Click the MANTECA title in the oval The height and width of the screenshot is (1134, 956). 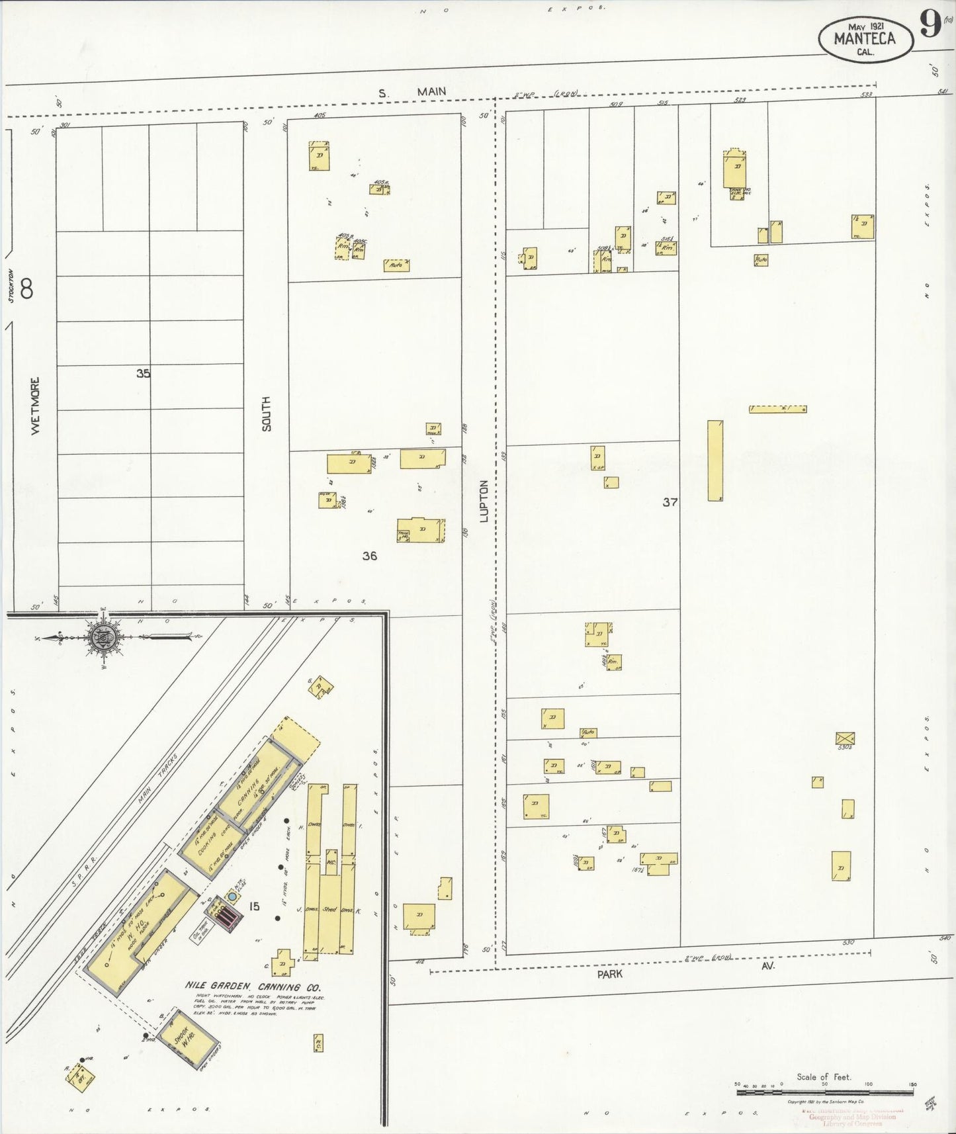pyautogui.click(x=864, y=38)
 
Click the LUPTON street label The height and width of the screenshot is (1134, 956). pyautogui.click(x=484, y=501)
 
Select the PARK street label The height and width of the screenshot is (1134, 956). pyautogui.click(x=609, y=974)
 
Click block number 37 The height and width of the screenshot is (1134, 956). pyautogui.click(x=670, y=502)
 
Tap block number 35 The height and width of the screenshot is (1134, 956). pyautogui.click(x=143, y=373)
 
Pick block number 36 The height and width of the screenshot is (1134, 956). pyautogui.click(x=369, y=556)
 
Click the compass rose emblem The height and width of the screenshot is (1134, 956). pyautogui.click(x=104, y=636)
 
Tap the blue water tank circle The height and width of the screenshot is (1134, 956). pyautogui.click(x=233, y=896)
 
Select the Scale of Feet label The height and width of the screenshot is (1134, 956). pyautogui.click(x=824, y=1076)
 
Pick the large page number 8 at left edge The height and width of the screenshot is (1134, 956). pyautogui.click(x=26, y=288)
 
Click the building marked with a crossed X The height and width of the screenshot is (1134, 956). pyautogui.click(x=845, y=738)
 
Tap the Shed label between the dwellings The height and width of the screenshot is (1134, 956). pyautogui.click(x=329, y=910)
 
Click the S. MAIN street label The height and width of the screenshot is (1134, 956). pyautogui.click(x=413, y=92)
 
